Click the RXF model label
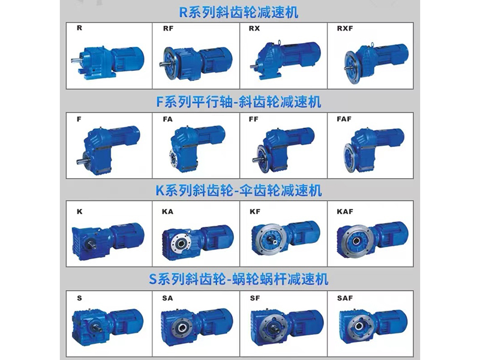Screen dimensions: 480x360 (x=344, y=28)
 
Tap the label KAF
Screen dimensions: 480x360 (x=344, y=212)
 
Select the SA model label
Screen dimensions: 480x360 (x=167, y=298)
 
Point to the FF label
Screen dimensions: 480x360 (x=253, y=119)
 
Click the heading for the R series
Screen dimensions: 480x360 (x=238, y=13)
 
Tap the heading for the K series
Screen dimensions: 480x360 (x=239, y=190)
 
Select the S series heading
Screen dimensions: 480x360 (x=239, y=279)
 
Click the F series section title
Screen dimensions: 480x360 (x=239, y=102)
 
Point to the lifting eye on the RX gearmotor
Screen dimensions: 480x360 (x=278, y=42)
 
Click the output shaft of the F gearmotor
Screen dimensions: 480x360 (x=80, y=160)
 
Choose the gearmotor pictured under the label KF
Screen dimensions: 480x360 (x=286, y=238)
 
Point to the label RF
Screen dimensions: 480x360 (x=168, y=28)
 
